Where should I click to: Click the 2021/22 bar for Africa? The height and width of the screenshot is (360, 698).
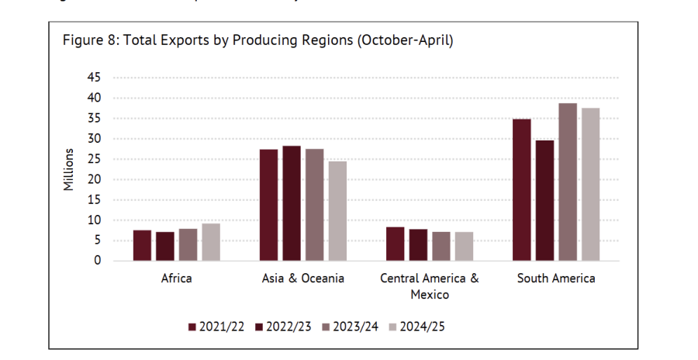coord(142,245)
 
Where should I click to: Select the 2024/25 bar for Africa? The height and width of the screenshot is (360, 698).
coord(211,242)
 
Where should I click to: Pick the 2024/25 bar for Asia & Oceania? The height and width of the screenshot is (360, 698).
coord(337,211)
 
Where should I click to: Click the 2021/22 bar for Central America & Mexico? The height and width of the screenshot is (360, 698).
coord(396,244)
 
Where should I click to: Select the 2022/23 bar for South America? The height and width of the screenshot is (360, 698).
coord(544,200)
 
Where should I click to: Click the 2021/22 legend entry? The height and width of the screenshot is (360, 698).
coord(216,327)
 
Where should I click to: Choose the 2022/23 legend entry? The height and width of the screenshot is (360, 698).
coord(284,327)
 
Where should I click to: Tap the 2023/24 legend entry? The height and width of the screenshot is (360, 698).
coord(351,327)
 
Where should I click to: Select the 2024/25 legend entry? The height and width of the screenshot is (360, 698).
coord(417,327)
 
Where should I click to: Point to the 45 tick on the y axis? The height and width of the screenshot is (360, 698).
coord(94,78)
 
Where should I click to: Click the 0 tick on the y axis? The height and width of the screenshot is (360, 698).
coord(97,261)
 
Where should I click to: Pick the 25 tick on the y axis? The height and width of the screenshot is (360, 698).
coord(94,159)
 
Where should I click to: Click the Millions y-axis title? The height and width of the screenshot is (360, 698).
coord(69,169)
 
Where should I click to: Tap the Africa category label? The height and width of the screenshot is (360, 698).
coord(176,279)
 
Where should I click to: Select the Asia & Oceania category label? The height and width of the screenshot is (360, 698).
coord(303,279)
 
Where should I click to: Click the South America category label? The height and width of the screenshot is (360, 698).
coord(556,279)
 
